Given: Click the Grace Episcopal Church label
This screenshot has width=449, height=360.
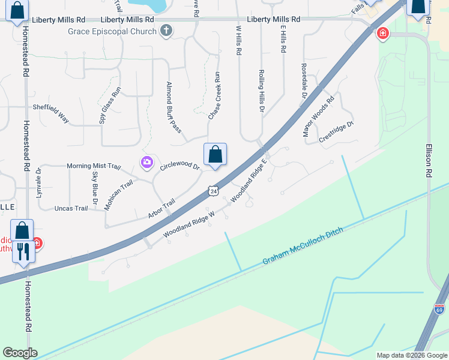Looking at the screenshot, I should (x=112, y=31).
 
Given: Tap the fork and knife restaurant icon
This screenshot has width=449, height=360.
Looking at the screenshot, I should (x=23, y=251).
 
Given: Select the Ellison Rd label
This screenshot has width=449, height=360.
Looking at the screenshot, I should (x=429, y=158).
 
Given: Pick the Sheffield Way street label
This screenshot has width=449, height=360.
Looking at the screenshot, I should (x=51, y=112).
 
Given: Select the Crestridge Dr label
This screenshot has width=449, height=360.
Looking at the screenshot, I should (x=336, y=132).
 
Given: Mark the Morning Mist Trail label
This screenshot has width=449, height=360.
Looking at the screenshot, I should (x=94, y=166).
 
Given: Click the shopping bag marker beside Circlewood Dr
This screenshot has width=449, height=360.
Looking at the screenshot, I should (x=215, y=155).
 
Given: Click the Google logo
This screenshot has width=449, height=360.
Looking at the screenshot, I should (x=20, y=353).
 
